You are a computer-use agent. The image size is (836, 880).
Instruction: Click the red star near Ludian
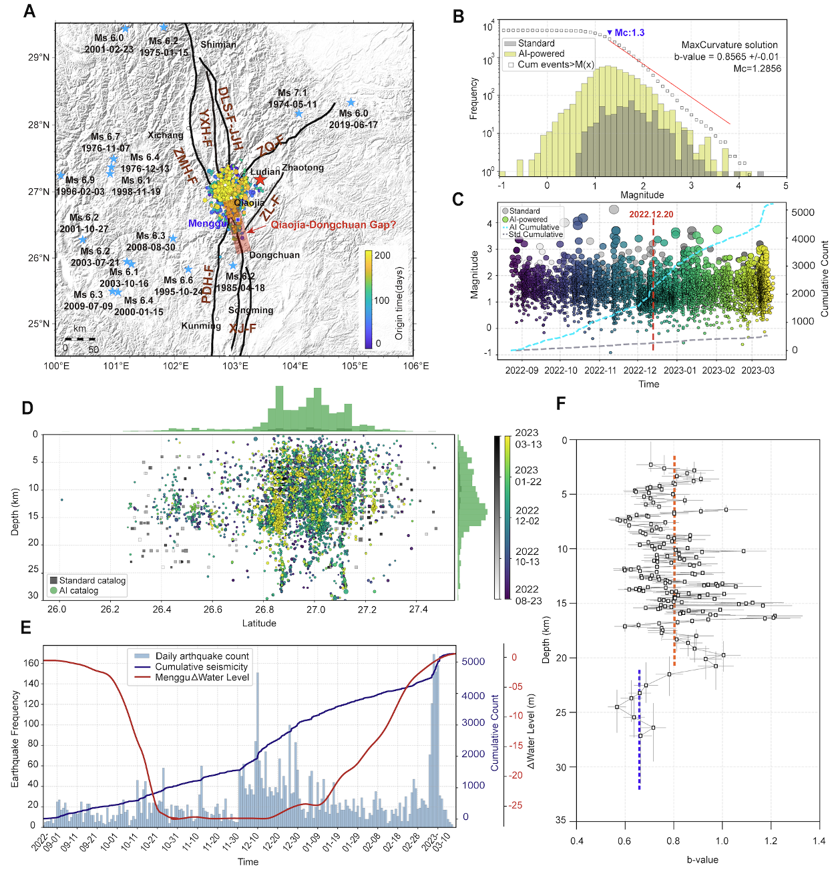click(260, 179)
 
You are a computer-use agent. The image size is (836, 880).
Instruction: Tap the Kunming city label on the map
click(201, 326)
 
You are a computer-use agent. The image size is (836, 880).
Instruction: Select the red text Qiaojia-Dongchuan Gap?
click(333, 225)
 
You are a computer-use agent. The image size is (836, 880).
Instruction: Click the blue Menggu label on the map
click(208, 224)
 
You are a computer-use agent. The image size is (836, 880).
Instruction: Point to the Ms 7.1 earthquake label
click(292, 93)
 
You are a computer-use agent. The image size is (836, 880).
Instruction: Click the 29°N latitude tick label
click(39, 57)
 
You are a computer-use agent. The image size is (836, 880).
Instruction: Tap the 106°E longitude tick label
click(416, 366)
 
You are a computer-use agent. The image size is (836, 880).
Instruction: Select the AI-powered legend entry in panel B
click(541, 53)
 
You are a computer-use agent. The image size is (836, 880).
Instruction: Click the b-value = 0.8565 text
click(726, 57)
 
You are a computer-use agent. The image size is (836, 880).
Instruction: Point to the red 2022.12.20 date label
click(651, 214)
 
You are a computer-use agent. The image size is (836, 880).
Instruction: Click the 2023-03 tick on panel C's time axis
click(758, 371)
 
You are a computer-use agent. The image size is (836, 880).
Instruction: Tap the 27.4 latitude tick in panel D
click(418, 610)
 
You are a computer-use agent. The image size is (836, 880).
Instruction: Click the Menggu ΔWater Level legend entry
click(202, 677)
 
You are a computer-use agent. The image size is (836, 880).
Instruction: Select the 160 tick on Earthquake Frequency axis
click(31, 663)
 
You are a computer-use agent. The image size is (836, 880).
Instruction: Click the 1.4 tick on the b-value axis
click(819, 841)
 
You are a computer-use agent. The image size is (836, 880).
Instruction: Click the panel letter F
click(562, 403)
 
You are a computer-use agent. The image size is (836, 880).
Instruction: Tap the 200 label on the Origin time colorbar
click(383, 255)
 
